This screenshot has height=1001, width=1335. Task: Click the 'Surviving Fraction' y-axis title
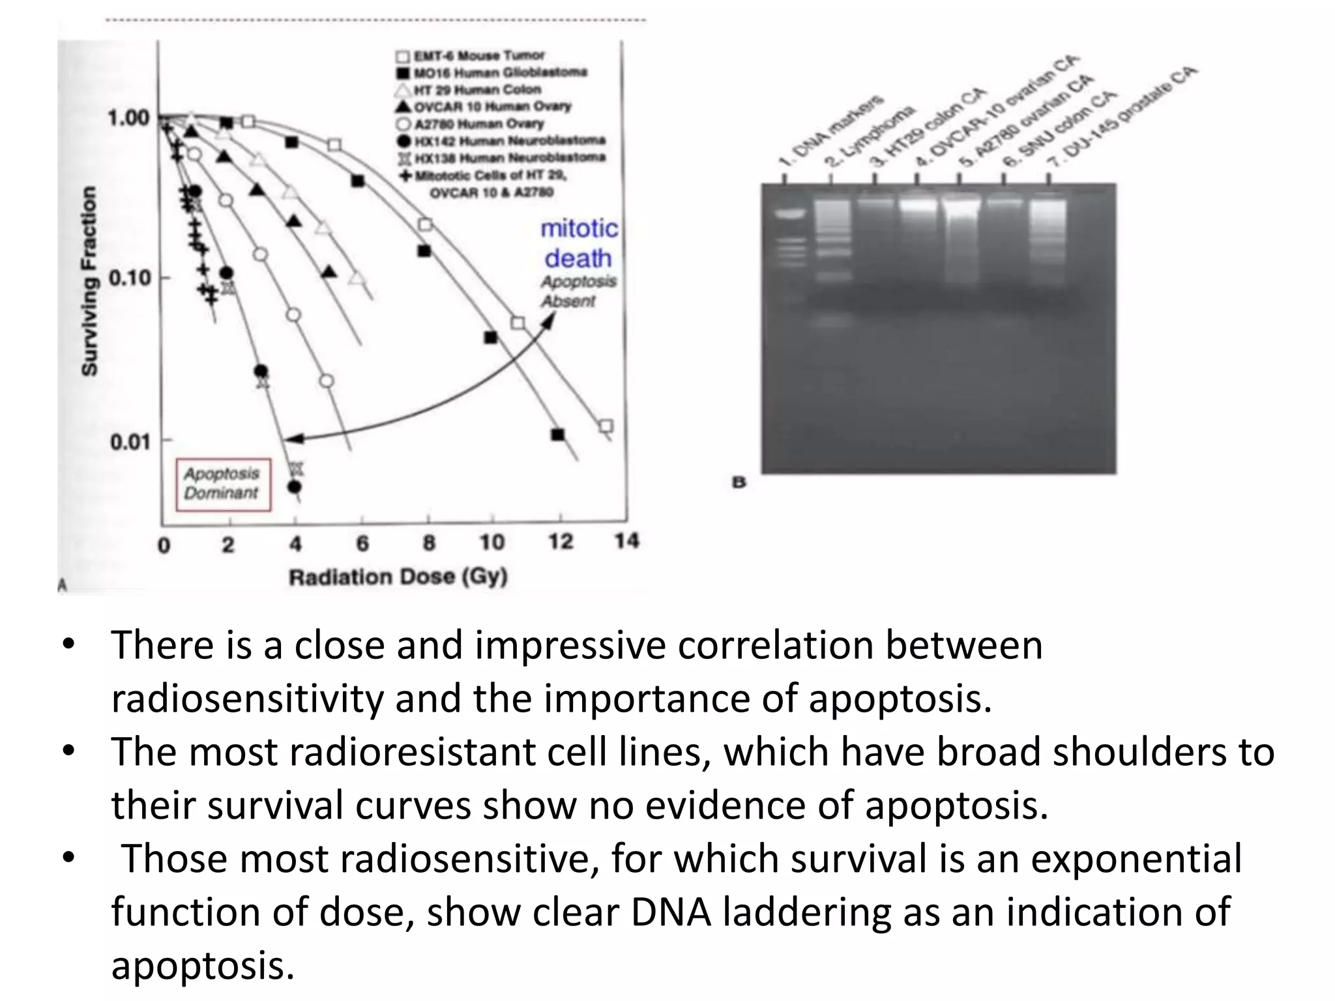[x=89, y=281]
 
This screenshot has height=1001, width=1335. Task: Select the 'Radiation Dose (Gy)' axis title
[x=398, y=577]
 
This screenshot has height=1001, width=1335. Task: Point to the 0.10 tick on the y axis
[x=130, y=278]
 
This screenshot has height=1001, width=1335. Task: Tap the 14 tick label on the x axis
[x=626, y=541]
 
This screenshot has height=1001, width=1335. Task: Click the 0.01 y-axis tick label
[x=130, y=442]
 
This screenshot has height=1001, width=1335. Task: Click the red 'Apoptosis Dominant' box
[x=222, y=484]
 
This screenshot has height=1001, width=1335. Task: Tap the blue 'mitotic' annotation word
[x=579, y=229]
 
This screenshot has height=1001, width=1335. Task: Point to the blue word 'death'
[x=578, y=259]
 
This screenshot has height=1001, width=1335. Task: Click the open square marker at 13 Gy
[x=606, y=426]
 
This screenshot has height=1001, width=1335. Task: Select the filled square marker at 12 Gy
[x=557, y=435]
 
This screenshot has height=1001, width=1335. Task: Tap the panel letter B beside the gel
[x=739, y=483]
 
